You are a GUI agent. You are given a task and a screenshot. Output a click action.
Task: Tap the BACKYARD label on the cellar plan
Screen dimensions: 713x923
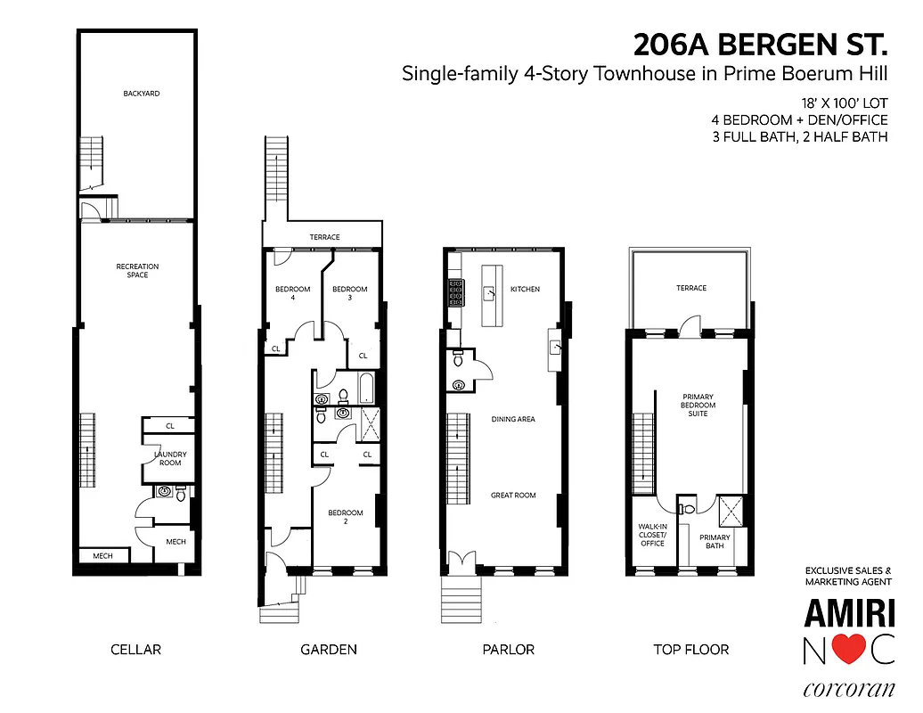[142, 93]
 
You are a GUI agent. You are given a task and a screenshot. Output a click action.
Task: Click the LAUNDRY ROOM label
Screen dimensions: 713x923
[170, 458]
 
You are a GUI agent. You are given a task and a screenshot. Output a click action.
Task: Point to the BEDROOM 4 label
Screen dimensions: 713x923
[292, 293]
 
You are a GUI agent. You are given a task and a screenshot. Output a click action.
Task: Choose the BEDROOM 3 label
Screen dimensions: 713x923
[350, 293]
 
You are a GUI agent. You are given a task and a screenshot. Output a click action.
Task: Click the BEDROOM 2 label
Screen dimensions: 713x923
[346, 517]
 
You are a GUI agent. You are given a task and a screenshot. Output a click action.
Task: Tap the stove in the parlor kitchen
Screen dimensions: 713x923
[455, 292]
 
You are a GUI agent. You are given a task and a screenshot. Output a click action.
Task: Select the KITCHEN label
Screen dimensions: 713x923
[525, 289]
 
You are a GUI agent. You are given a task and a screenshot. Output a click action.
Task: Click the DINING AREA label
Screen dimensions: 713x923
[513, 419]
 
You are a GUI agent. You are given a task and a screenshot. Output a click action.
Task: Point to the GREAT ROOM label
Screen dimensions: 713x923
[513, 495]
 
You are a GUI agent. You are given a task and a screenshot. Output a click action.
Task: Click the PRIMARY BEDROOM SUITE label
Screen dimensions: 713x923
[698, 406]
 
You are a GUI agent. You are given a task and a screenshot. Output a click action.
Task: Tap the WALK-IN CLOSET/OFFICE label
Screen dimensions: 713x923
[652, 535]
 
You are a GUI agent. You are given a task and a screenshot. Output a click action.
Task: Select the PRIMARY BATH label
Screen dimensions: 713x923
[715, 542]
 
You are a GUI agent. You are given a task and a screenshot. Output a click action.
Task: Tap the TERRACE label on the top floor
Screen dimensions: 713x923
[691, 288]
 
